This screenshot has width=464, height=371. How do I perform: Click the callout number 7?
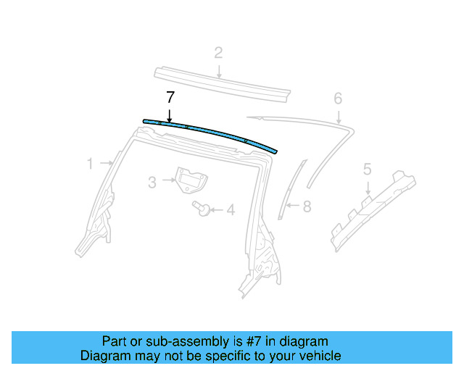click(x=170, y=97)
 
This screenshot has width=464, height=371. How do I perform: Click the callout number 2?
click(x=217, y=52)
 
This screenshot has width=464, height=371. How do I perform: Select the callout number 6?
click(x=337, y=98)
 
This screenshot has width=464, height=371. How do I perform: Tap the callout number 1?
click(x=90, y=164)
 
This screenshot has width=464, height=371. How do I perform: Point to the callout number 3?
click(x=152, y=183)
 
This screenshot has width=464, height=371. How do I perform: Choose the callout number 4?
click(x=231, y=211)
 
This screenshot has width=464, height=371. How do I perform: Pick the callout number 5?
click(x=367, y=170)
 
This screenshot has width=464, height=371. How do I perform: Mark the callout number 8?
click(x=307, y=207)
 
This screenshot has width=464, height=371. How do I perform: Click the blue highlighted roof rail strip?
click(x=217, y=133)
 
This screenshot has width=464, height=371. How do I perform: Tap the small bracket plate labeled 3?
click(x=189, y=180)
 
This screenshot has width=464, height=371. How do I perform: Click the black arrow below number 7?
click(x=170, y=113)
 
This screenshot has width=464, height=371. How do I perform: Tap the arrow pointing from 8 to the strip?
click(x=291, y=207)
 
